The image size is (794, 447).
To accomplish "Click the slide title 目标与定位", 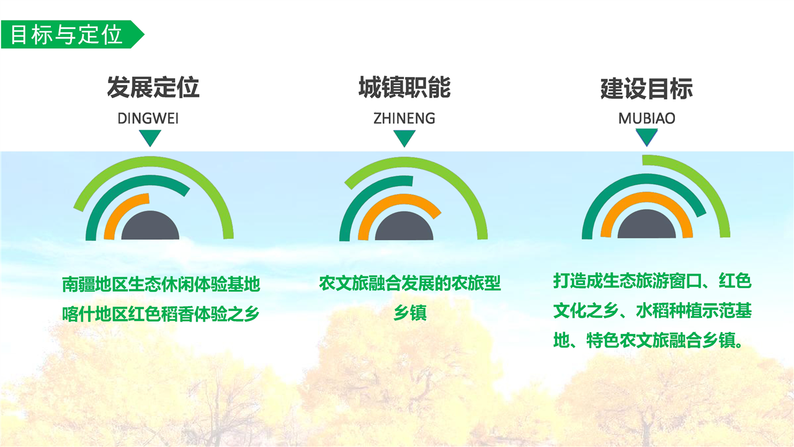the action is (66, 34).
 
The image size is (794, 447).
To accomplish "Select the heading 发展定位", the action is (153, 88).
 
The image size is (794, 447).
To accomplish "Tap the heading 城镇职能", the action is (404, 88).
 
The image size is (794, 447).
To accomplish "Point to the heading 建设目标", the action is (646, 89).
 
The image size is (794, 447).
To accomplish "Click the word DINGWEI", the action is (148, 119).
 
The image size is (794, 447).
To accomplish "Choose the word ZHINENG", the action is (404, 119).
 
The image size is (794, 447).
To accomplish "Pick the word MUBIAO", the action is (646, 119).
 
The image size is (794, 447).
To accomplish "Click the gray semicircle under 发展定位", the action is (150, 227).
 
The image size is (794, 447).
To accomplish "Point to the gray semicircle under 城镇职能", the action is (404, 227).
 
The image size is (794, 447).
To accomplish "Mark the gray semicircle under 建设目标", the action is (646, 225).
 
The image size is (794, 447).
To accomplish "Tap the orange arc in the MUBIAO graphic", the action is (646, 197).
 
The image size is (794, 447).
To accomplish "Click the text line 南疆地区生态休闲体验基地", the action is (161, 284).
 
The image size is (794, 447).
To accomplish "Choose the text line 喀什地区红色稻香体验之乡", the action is (161, 314).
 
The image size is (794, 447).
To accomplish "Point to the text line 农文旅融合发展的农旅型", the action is (410, 284).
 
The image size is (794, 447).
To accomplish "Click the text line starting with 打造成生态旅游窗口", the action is (652, 281).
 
